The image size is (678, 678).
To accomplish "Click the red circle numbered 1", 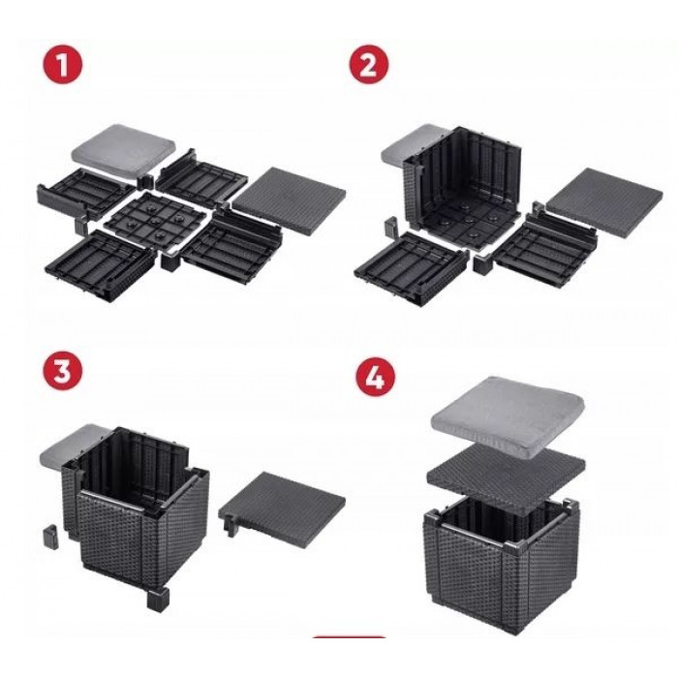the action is click(62, 64).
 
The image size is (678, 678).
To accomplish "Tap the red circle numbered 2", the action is click(368, 65).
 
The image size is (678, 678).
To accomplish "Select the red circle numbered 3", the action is click(62, 371).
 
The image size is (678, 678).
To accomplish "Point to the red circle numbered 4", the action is click(376, 379).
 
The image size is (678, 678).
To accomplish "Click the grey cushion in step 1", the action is click(124, 149).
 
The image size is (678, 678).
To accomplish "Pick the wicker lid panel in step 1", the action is click(289, 200).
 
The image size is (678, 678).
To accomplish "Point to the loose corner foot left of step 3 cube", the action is click(49, 537).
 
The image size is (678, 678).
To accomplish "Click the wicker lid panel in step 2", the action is click(604, 201).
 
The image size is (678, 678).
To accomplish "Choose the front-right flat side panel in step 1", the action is click(232, 246).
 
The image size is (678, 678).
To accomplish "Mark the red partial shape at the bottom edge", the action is click(349, 636).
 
